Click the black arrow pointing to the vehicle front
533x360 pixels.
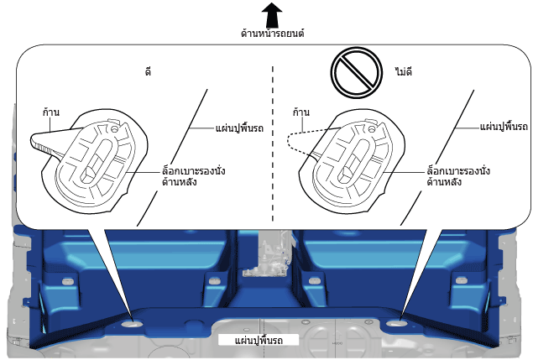pyautogui.click(x=272, y=15)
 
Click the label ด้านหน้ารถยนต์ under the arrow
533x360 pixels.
pyautogui.click(x=272, y=34)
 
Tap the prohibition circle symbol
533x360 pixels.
pyautogui.click(x=356, y=72)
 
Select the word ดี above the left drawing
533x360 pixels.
pyautogui.click(x=148, y=71)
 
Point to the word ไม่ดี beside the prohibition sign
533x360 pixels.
pyautogui.click(x=404, y=71)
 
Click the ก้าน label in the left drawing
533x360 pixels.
pyautogui.click(x=51, y=112)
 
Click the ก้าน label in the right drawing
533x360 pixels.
pyautogui.click(x=301, y=112)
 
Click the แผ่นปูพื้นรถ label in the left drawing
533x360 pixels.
pyautogui.click(x=239, y=128)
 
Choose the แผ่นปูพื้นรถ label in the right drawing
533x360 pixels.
pyautogui.click(x=504, y=127)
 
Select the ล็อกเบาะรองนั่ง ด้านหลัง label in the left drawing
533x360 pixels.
pyautogui.click(x=193, y=176)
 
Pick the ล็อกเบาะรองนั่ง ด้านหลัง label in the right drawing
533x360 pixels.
pyautogui.click(x=458, y=176)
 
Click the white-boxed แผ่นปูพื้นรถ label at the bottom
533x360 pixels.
pyautogui.click(x=259, y=341)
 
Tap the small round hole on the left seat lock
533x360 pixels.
pyautogui.click(x=114, y=129)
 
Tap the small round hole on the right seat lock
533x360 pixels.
pyautogui.click(x=372, y=129)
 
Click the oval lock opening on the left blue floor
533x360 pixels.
pyautogui.click(x=133, y=324)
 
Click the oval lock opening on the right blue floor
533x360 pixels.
pyautogui.click(x=395, y=323)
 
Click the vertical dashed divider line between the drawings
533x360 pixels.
pyautogui.click(x=272, y=143)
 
